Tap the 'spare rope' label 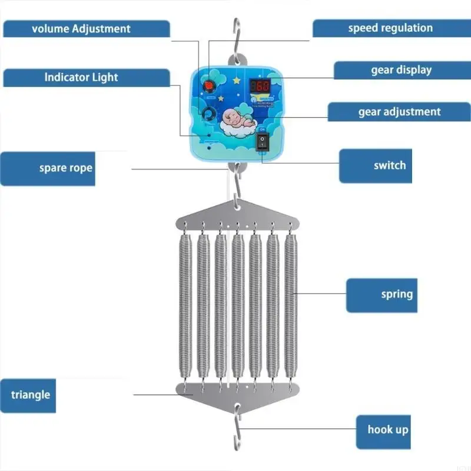click(x=66, y=168)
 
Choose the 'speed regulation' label click(x=390, y=28)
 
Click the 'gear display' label click(x=402, y=70)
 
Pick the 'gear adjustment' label click(x=399, y=112)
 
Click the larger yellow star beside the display click(x=237, y=78)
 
